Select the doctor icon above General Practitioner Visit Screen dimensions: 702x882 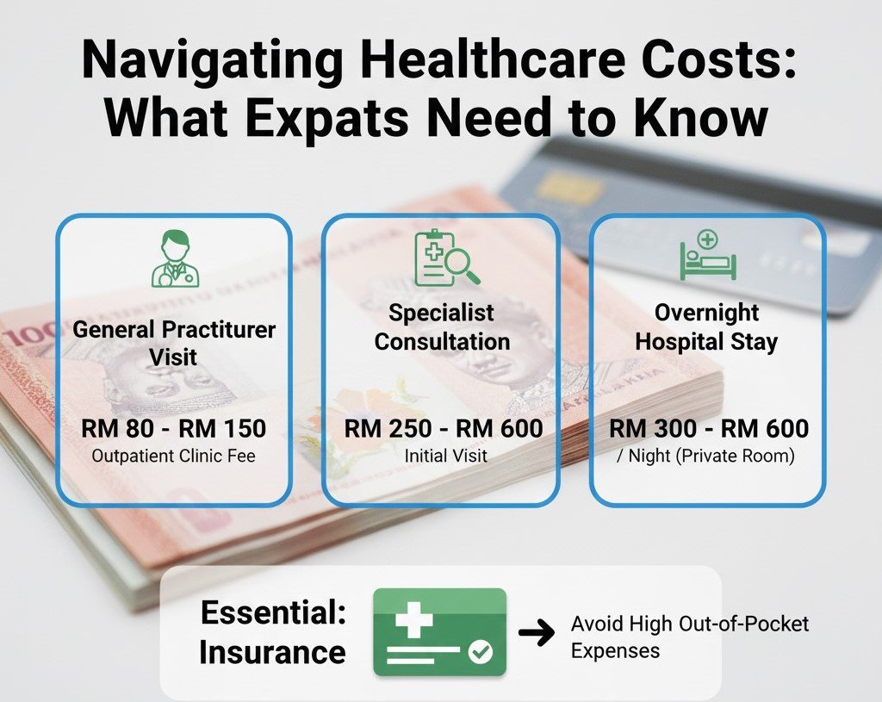click(x=174, y=259)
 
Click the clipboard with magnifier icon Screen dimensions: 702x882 click(x=444, y=257)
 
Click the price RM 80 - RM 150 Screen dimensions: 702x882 click(x=174, y=428)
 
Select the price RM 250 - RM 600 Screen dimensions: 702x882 click(x=444, y=428)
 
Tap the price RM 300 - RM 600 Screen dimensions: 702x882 click(x=709, y=428)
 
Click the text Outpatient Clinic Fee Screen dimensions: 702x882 click(x=174, y=456)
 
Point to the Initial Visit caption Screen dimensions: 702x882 click(x=443, y=456)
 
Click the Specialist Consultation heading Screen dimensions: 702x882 click(x=442, y=326)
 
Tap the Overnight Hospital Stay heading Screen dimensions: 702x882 click(x=706, y=326)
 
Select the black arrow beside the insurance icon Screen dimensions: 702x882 click(x=537, y=634)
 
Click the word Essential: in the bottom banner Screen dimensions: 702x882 click(x=273, y=613)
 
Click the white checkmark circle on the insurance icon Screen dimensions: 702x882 click(x=481, y=654)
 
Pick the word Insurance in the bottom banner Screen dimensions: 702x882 click(x=272, y=652)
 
